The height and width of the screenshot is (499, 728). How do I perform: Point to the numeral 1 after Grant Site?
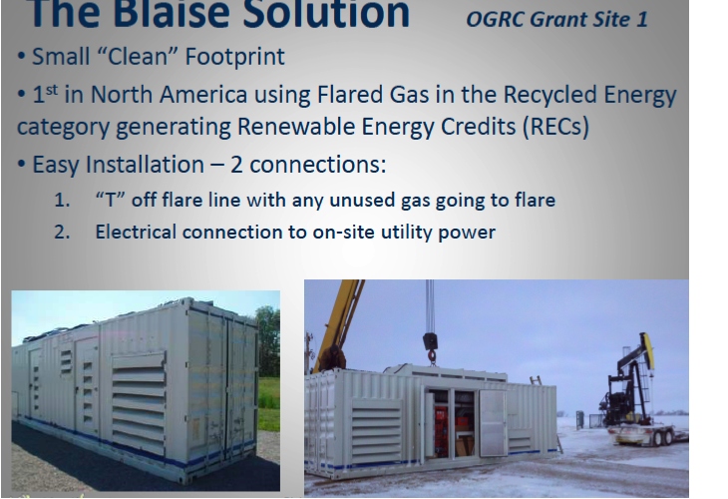(x=654, y=19)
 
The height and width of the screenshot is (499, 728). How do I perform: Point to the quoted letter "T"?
(x=108, y=200)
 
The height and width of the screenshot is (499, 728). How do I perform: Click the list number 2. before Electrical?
(x=63, y=232)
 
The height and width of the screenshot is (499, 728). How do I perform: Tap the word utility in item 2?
(x=400, y=232)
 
